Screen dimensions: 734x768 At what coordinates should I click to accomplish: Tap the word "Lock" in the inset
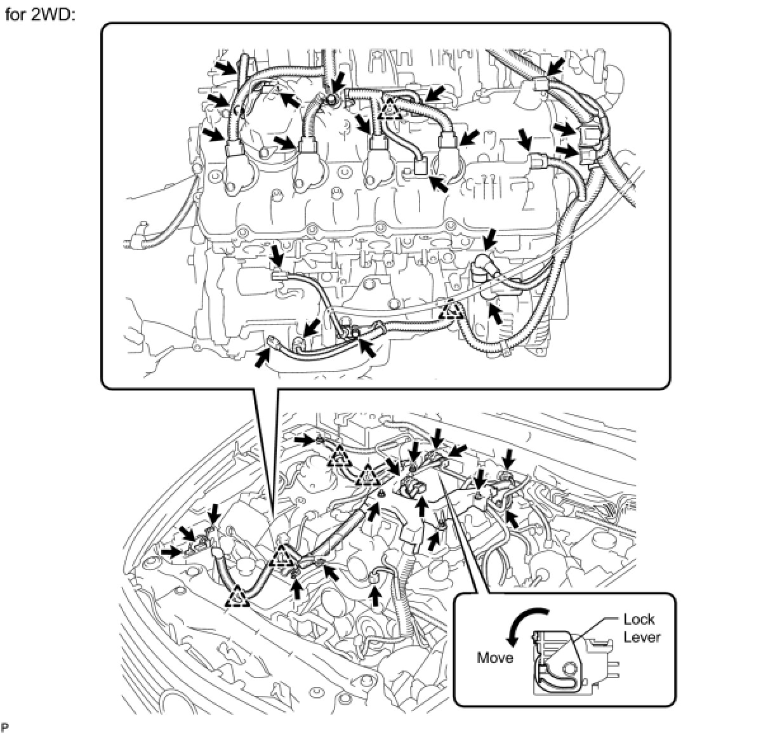click(x=639, y=619)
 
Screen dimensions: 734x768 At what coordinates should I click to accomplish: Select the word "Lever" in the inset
click(x=642, y=637)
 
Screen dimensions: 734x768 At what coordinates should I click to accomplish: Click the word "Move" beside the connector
click(x=495, y=658)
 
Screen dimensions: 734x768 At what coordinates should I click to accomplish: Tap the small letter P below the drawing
click(x=5, y=726)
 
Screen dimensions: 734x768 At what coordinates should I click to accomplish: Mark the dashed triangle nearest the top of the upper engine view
click(x=389, y=109)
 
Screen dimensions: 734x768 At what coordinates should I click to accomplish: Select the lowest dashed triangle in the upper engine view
click(x=452, y=310)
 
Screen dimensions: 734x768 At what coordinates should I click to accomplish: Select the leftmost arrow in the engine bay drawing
click(x=169, y=552)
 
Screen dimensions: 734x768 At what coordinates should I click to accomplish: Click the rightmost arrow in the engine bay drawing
click(x=512, y=519)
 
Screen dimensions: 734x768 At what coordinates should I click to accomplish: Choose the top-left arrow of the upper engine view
click(x=223, y=67)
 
